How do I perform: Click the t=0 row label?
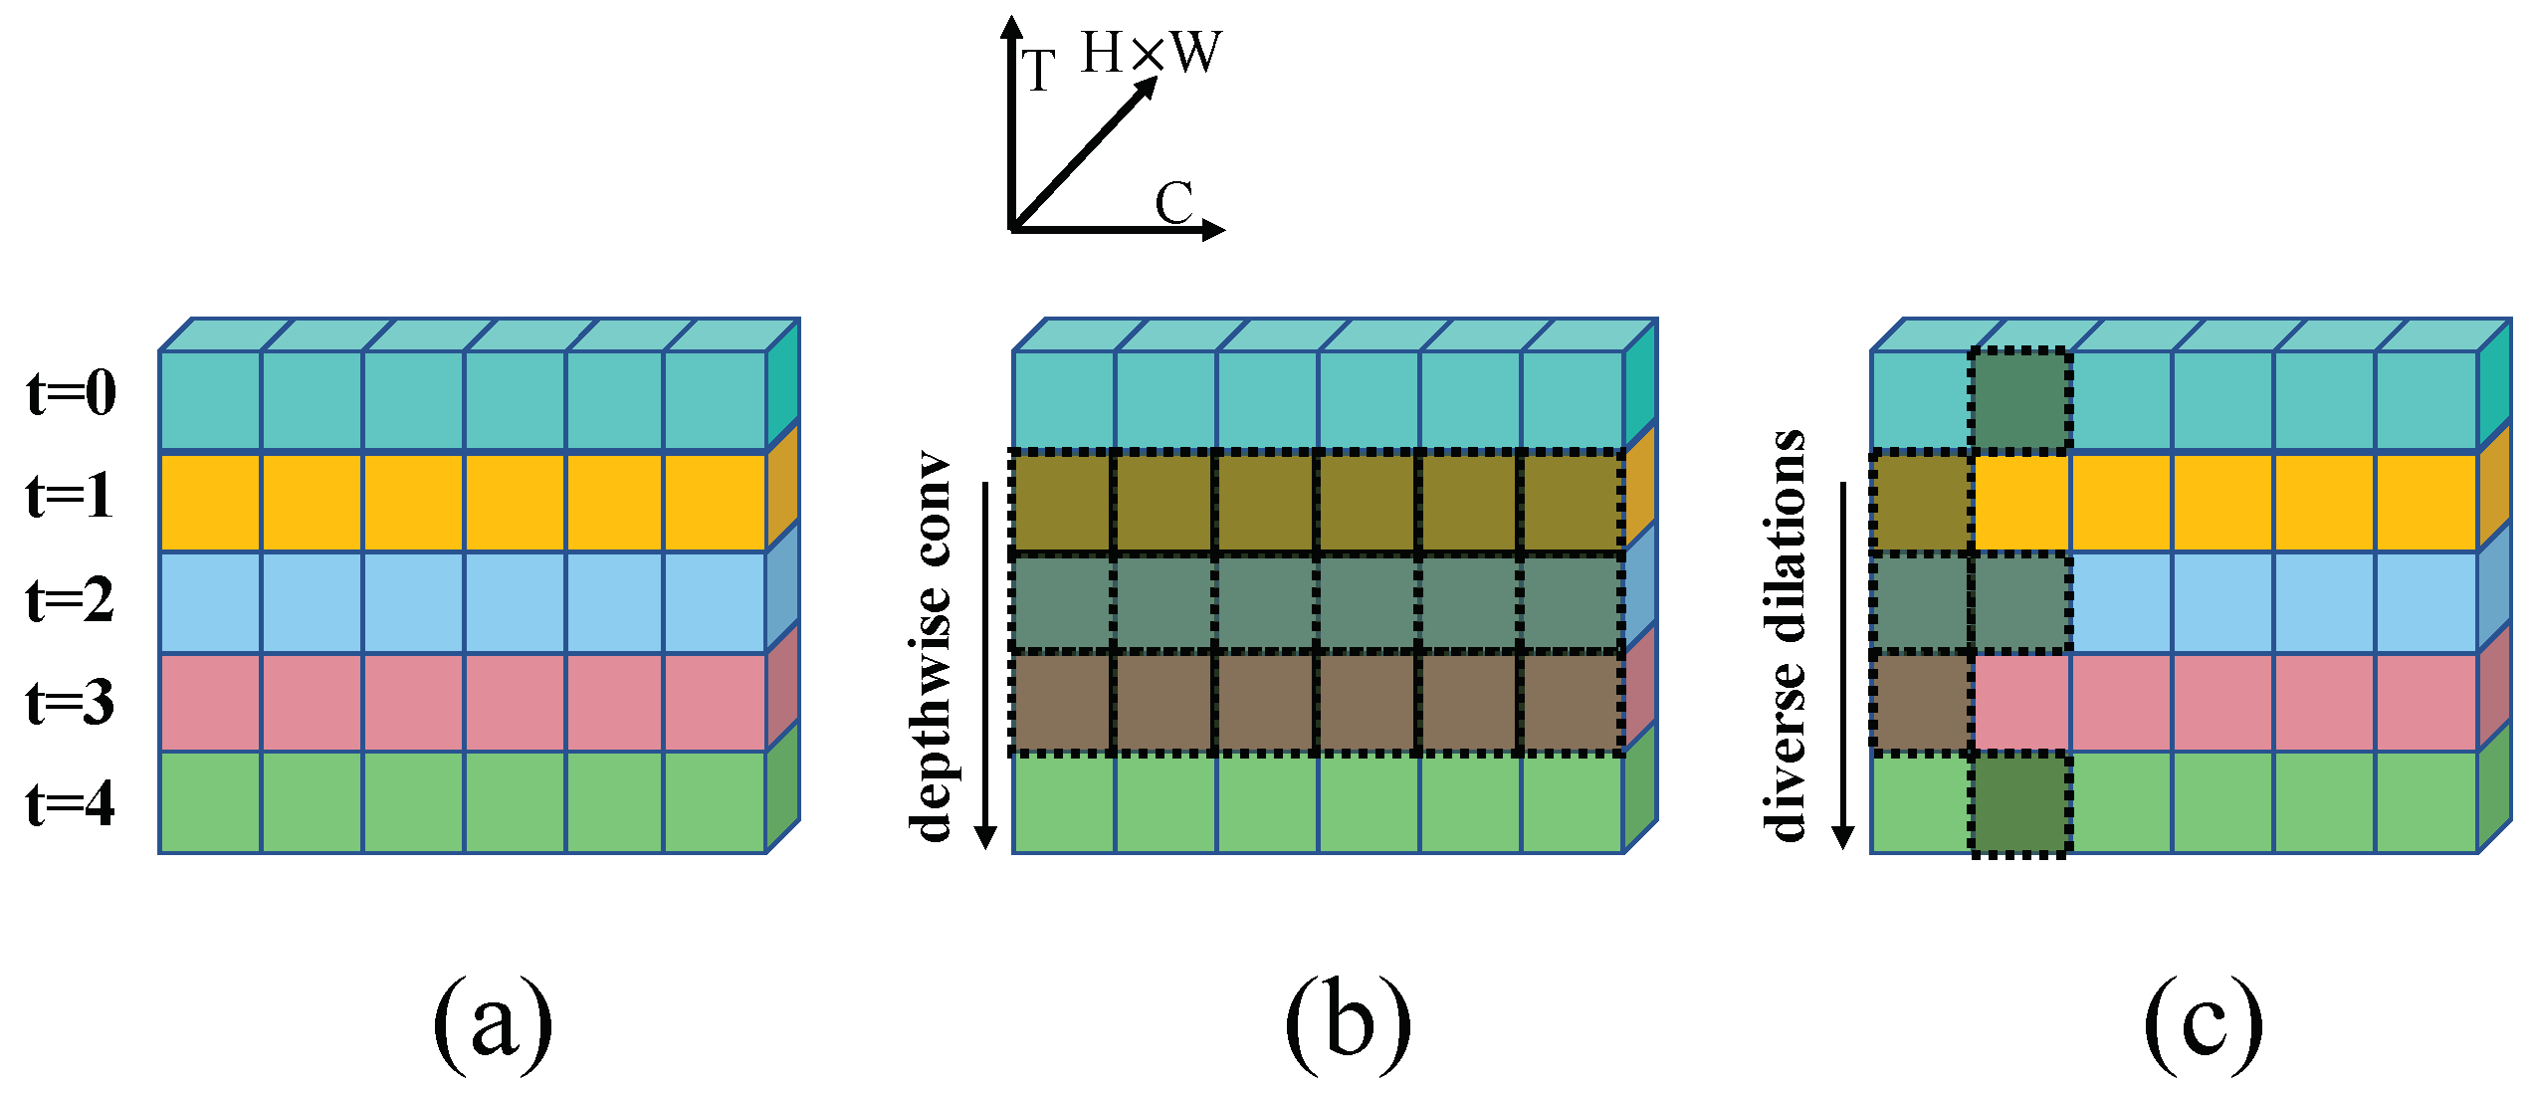click(72, 393)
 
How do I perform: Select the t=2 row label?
click(70, 600)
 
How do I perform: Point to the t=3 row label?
click(70, 702)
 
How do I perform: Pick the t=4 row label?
click(70, 803)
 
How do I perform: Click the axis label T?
click(1039, 72)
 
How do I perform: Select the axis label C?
click(1173, 203)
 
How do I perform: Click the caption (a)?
click(493, 1025)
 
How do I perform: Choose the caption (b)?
click(1348, 1025)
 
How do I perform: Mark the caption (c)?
click(2204, 1025)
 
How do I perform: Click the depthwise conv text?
click(931, 647)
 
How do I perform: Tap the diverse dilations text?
click(1787, 637)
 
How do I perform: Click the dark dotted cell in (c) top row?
click(2020, 400)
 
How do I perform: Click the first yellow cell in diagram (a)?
click(210, 502)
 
